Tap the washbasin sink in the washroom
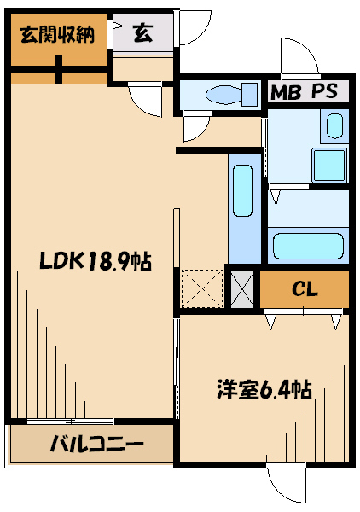coord(334,128)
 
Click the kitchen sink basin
coord(242,194)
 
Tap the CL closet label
coord(305,289)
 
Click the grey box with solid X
coord(243,289)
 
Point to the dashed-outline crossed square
coord(201,288)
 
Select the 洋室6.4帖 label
coord(262,389)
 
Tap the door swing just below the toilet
coord(196,128)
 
